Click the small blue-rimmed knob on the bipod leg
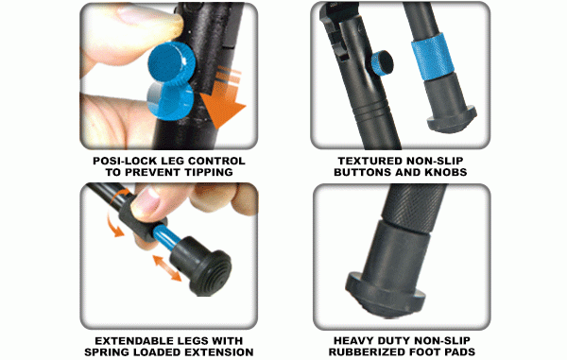tap(382, 63)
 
